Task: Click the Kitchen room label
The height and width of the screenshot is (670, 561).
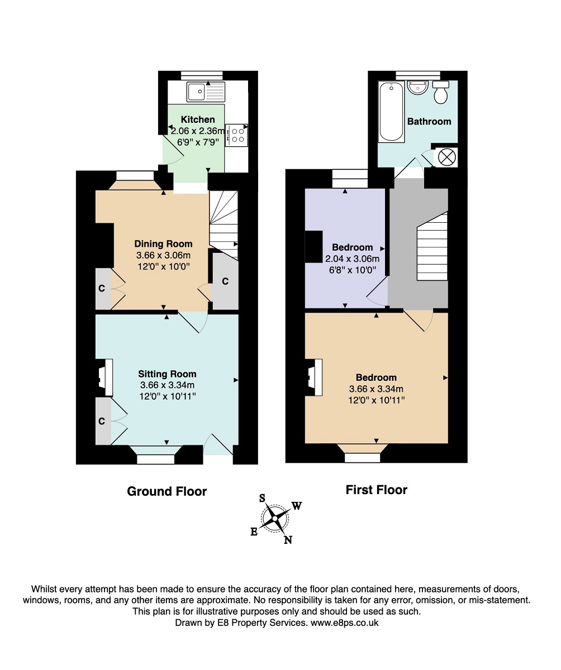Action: click(x=197, y=119)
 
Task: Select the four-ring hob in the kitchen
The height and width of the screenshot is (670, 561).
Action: click(x=237, y=135)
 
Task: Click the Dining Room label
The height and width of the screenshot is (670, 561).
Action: click(x=163, y=244)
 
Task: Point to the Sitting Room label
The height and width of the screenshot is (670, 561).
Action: click(x=167, y=374)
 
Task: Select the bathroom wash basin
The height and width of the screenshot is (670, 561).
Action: click(x=417, y=87)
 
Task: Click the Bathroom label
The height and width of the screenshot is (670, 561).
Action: click(x=429, y=121)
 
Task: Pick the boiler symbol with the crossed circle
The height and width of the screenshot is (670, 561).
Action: click(x=446, y=157)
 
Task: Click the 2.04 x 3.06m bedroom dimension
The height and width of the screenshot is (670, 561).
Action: click(x=352, y=259)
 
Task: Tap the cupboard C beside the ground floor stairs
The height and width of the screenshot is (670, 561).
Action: click(x=225, y=281)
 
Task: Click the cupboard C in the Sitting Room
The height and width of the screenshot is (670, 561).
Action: click(x=102, y=421)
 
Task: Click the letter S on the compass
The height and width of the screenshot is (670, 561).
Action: click(x=263, y=498)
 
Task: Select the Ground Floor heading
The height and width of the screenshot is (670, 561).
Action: click(x=167, y=491)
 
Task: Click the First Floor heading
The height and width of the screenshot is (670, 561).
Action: click(x=377, y=490)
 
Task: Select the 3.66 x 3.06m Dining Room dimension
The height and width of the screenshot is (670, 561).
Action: click(x=163, y=255)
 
